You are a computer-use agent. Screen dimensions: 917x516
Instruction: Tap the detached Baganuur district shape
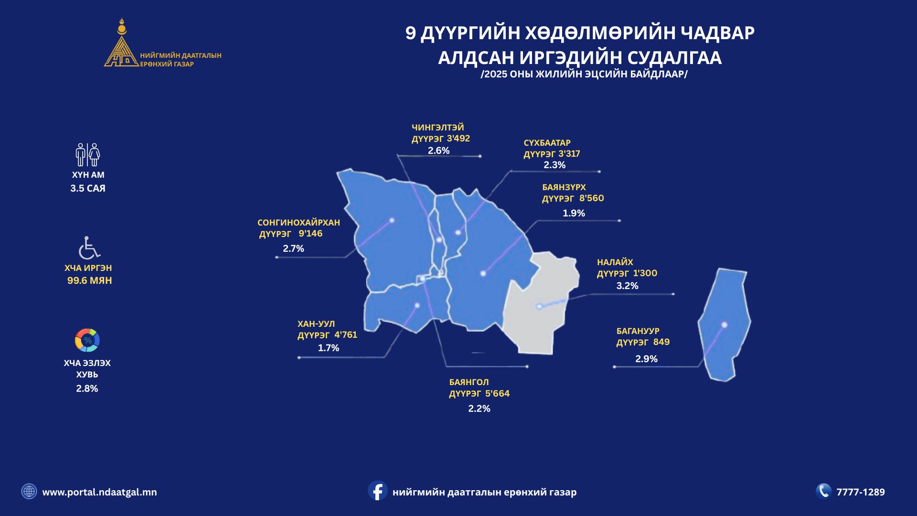tap(724, 325)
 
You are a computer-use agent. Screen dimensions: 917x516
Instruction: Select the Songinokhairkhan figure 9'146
tap(310, 234)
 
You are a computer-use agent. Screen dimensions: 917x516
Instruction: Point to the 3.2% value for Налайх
tap(627, 286)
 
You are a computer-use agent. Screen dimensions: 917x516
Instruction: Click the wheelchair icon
tap(89, 247)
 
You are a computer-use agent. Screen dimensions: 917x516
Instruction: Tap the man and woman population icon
tap(88, 154)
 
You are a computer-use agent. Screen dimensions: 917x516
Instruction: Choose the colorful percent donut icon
tap(87, 340)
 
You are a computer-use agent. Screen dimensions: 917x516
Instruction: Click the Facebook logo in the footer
tap(377, 491)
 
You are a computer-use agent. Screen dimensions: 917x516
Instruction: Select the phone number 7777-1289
tap(861, 492)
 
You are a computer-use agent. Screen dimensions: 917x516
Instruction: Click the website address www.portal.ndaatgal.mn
tap(99, 492)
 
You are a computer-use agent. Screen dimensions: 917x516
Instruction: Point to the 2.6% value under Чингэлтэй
tap(438, 150)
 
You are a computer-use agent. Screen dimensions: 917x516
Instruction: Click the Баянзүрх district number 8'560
tap(592, 198)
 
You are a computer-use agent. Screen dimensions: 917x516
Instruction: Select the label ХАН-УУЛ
tap(316, 324)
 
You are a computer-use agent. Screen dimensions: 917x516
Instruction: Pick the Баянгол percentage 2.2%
tap(479, 408)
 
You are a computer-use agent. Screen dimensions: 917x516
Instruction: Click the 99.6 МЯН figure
tap(90, 280)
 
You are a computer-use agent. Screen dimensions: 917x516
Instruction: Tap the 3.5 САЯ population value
tap(88, 188)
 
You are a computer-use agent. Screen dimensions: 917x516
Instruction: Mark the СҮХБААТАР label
tap(547, 143)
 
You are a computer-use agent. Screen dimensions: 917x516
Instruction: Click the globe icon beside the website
tap(29, 491)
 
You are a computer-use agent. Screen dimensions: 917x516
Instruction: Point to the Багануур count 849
tap(661, 342)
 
